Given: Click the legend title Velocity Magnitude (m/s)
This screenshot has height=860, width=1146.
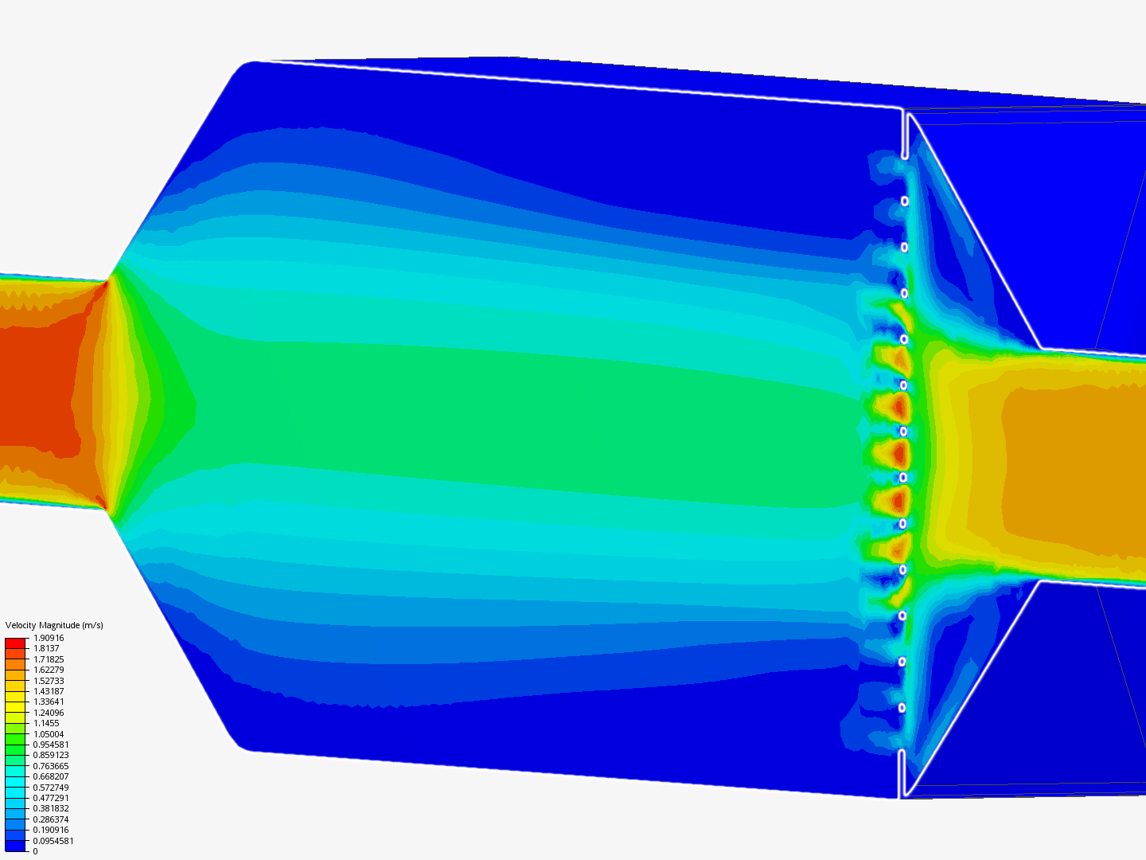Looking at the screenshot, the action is [x=54, y=625].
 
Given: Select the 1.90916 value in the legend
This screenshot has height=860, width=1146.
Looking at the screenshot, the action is [x=49, y=638].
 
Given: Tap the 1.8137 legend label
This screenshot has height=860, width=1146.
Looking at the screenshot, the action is [x=46, y=648].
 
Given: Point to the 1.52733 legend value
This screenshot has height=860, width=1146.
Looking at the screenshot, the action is [x=49, y=681].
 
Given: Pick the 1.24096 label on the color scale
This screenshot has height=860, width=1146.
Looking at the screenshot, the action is [x=49, y=713].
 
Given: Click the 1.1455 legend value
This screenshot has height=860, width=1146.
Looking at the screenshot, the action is [x=46, y=723].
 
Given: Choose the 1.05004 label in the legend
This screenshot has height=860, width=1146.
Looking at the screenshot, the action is [x=49, y=734].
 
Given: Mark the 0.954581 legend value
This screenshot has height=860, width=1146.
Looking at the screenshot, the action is [x=51, y=745].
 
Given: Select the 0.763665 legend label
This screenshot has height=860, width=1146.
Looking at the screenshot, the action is [x=51, y=766].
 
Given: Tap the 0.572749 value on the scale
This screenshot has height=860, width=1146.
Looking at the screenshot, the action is [x=51, y=788].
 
